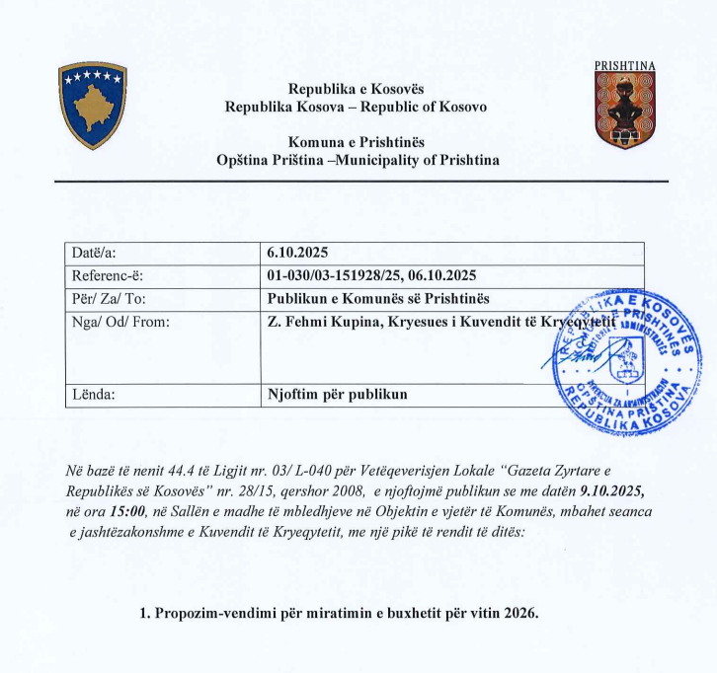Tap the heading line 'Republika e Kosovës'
(341, 89)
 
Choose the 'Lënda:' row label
(94, 395)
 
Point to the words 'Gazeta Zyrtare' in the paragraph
(541, 471)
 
